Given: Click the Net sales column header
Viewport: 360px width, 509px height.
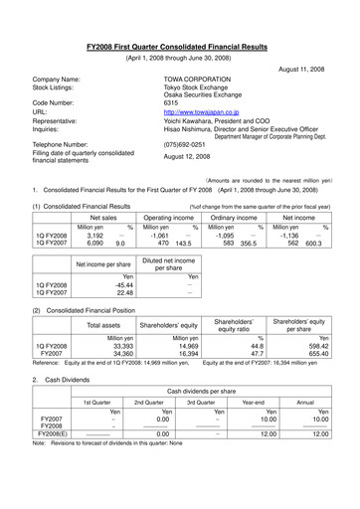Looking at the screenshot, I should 102,216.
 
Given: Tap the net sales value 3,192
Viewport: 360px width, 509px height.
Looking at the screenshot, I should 90,237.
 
